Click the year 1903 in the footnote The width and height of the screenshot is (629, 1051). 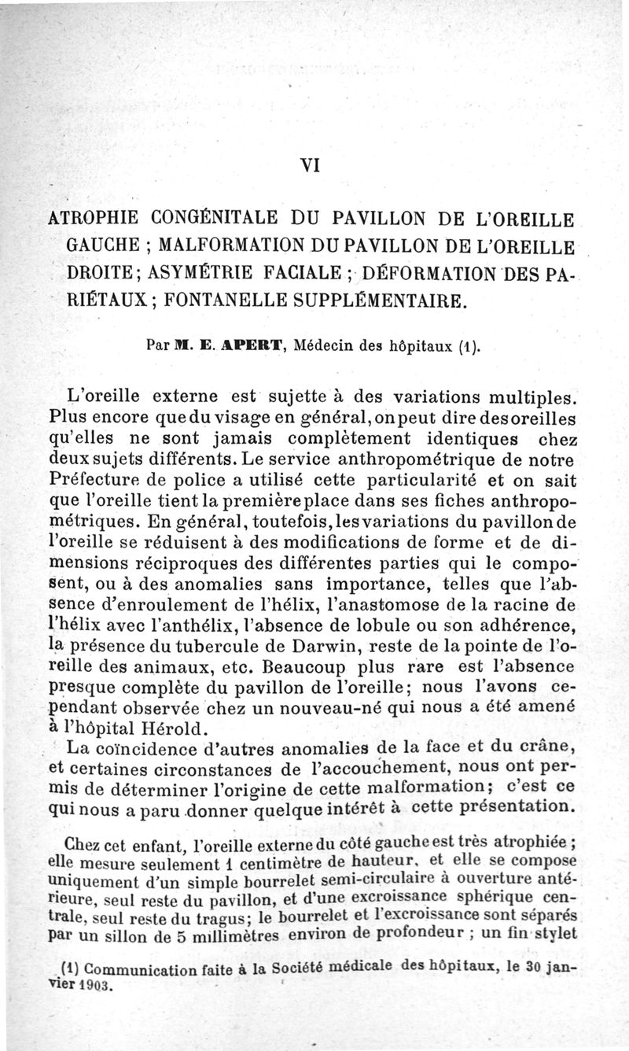[94, 985]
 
